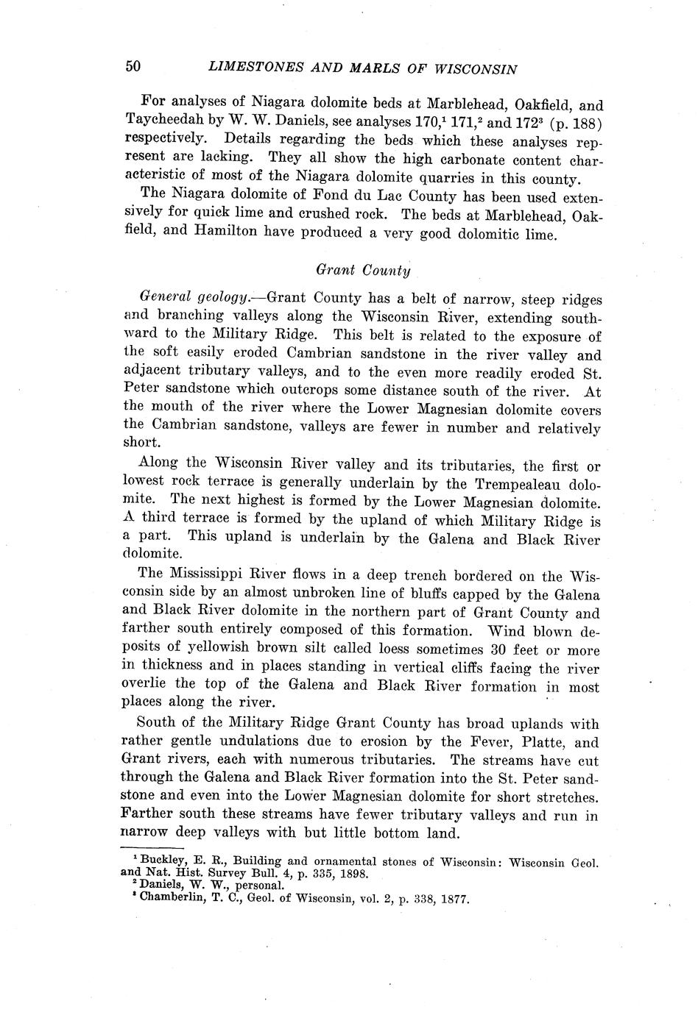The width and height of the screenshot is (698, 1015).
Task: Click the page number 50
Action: [133, 66]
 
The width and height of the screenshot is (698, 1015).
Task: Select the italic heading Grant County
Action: [363, 270]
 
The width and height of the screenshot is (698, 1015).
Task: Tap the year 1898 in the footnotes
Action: [353, 875]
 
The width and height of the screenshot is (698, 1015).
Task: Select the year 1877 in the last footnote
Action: [454, 900]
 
